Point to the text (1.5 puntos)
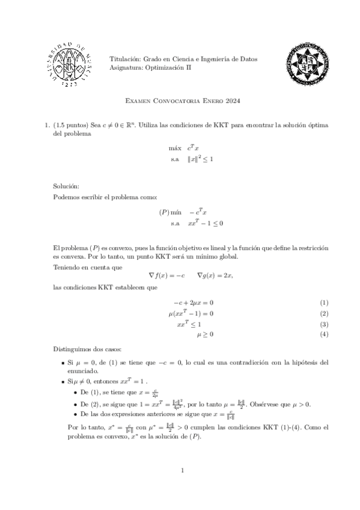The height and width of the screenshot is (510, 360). click(72, 125)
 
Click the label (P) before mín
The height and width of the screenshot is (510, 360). click(165, 212)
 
